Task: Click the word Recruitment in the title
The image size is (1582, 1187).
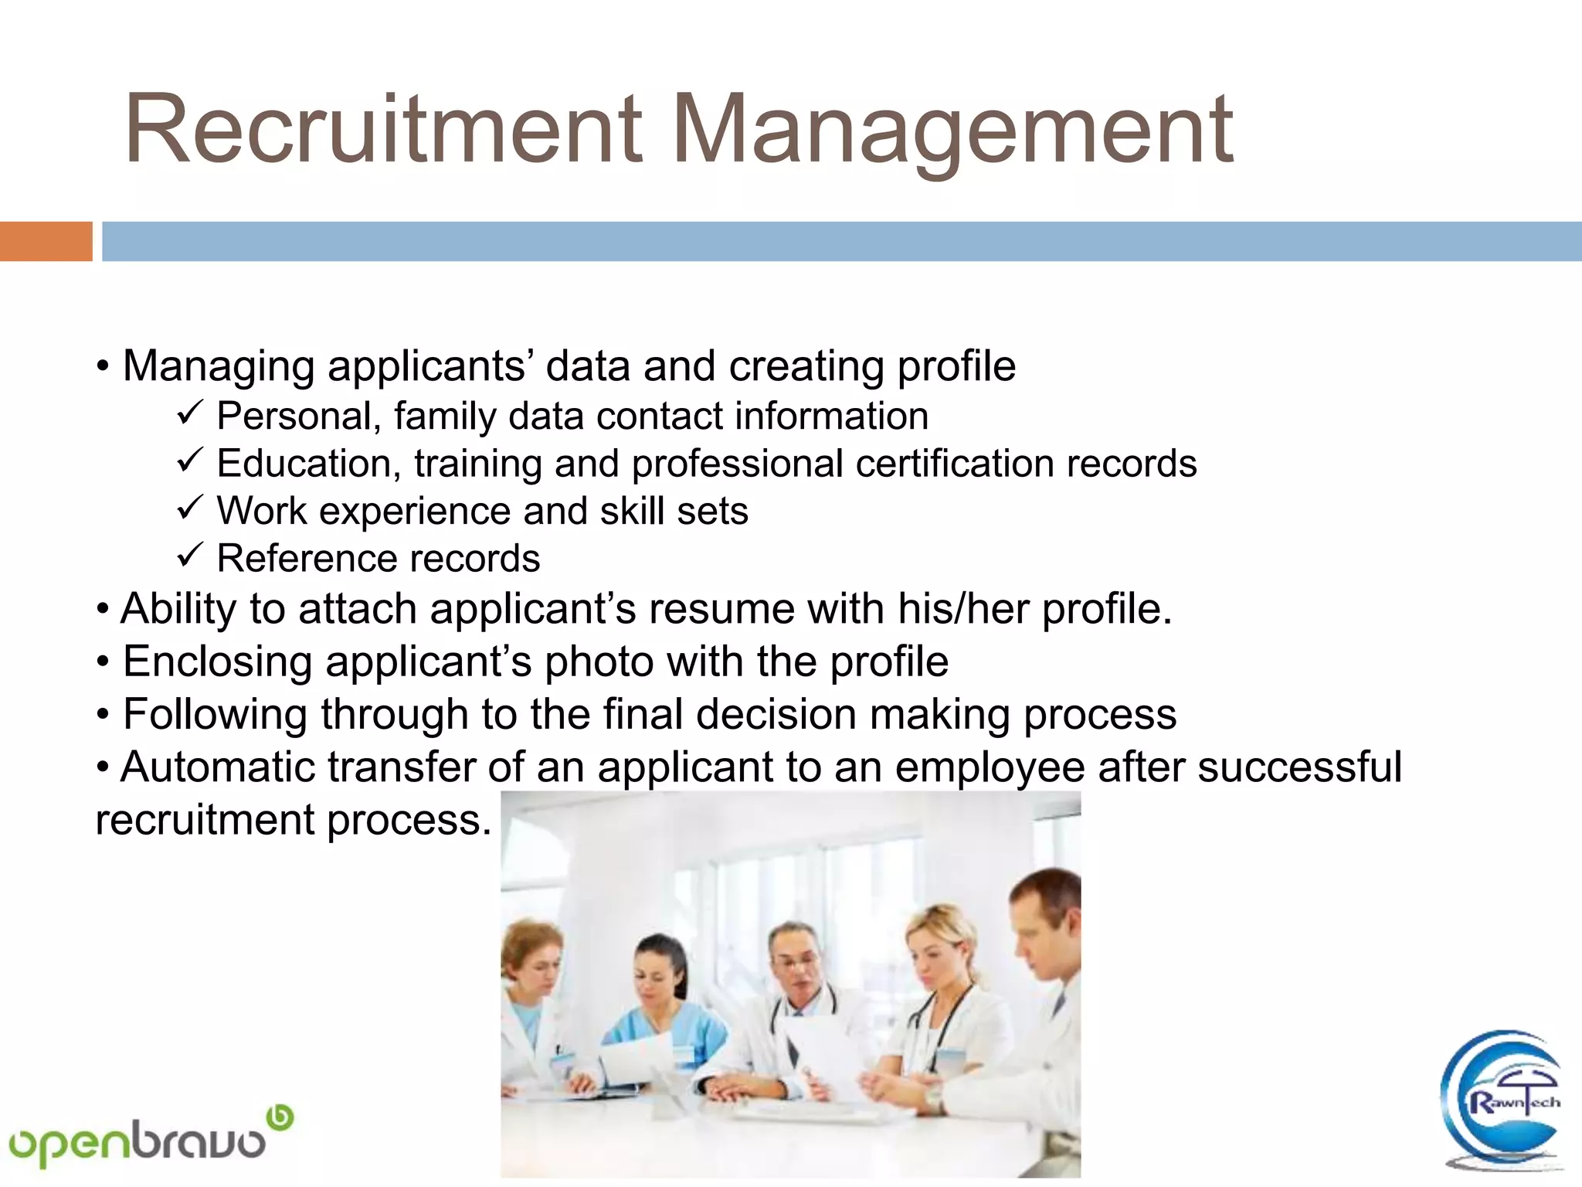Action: [x=383, y=130]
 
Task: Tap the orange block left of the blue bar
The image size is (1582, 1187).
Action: [x=46, y=241]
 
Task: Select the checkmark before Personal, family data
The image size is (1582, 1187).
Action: [x=189, y=414]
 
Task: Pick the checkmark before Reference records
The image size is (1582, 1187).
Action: [x=189, y=556]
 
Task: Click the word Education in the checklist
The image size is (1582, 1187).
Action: [x=307, y=464]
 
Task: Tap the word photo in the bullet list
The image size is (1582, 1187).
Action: [x=599, y=662]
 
